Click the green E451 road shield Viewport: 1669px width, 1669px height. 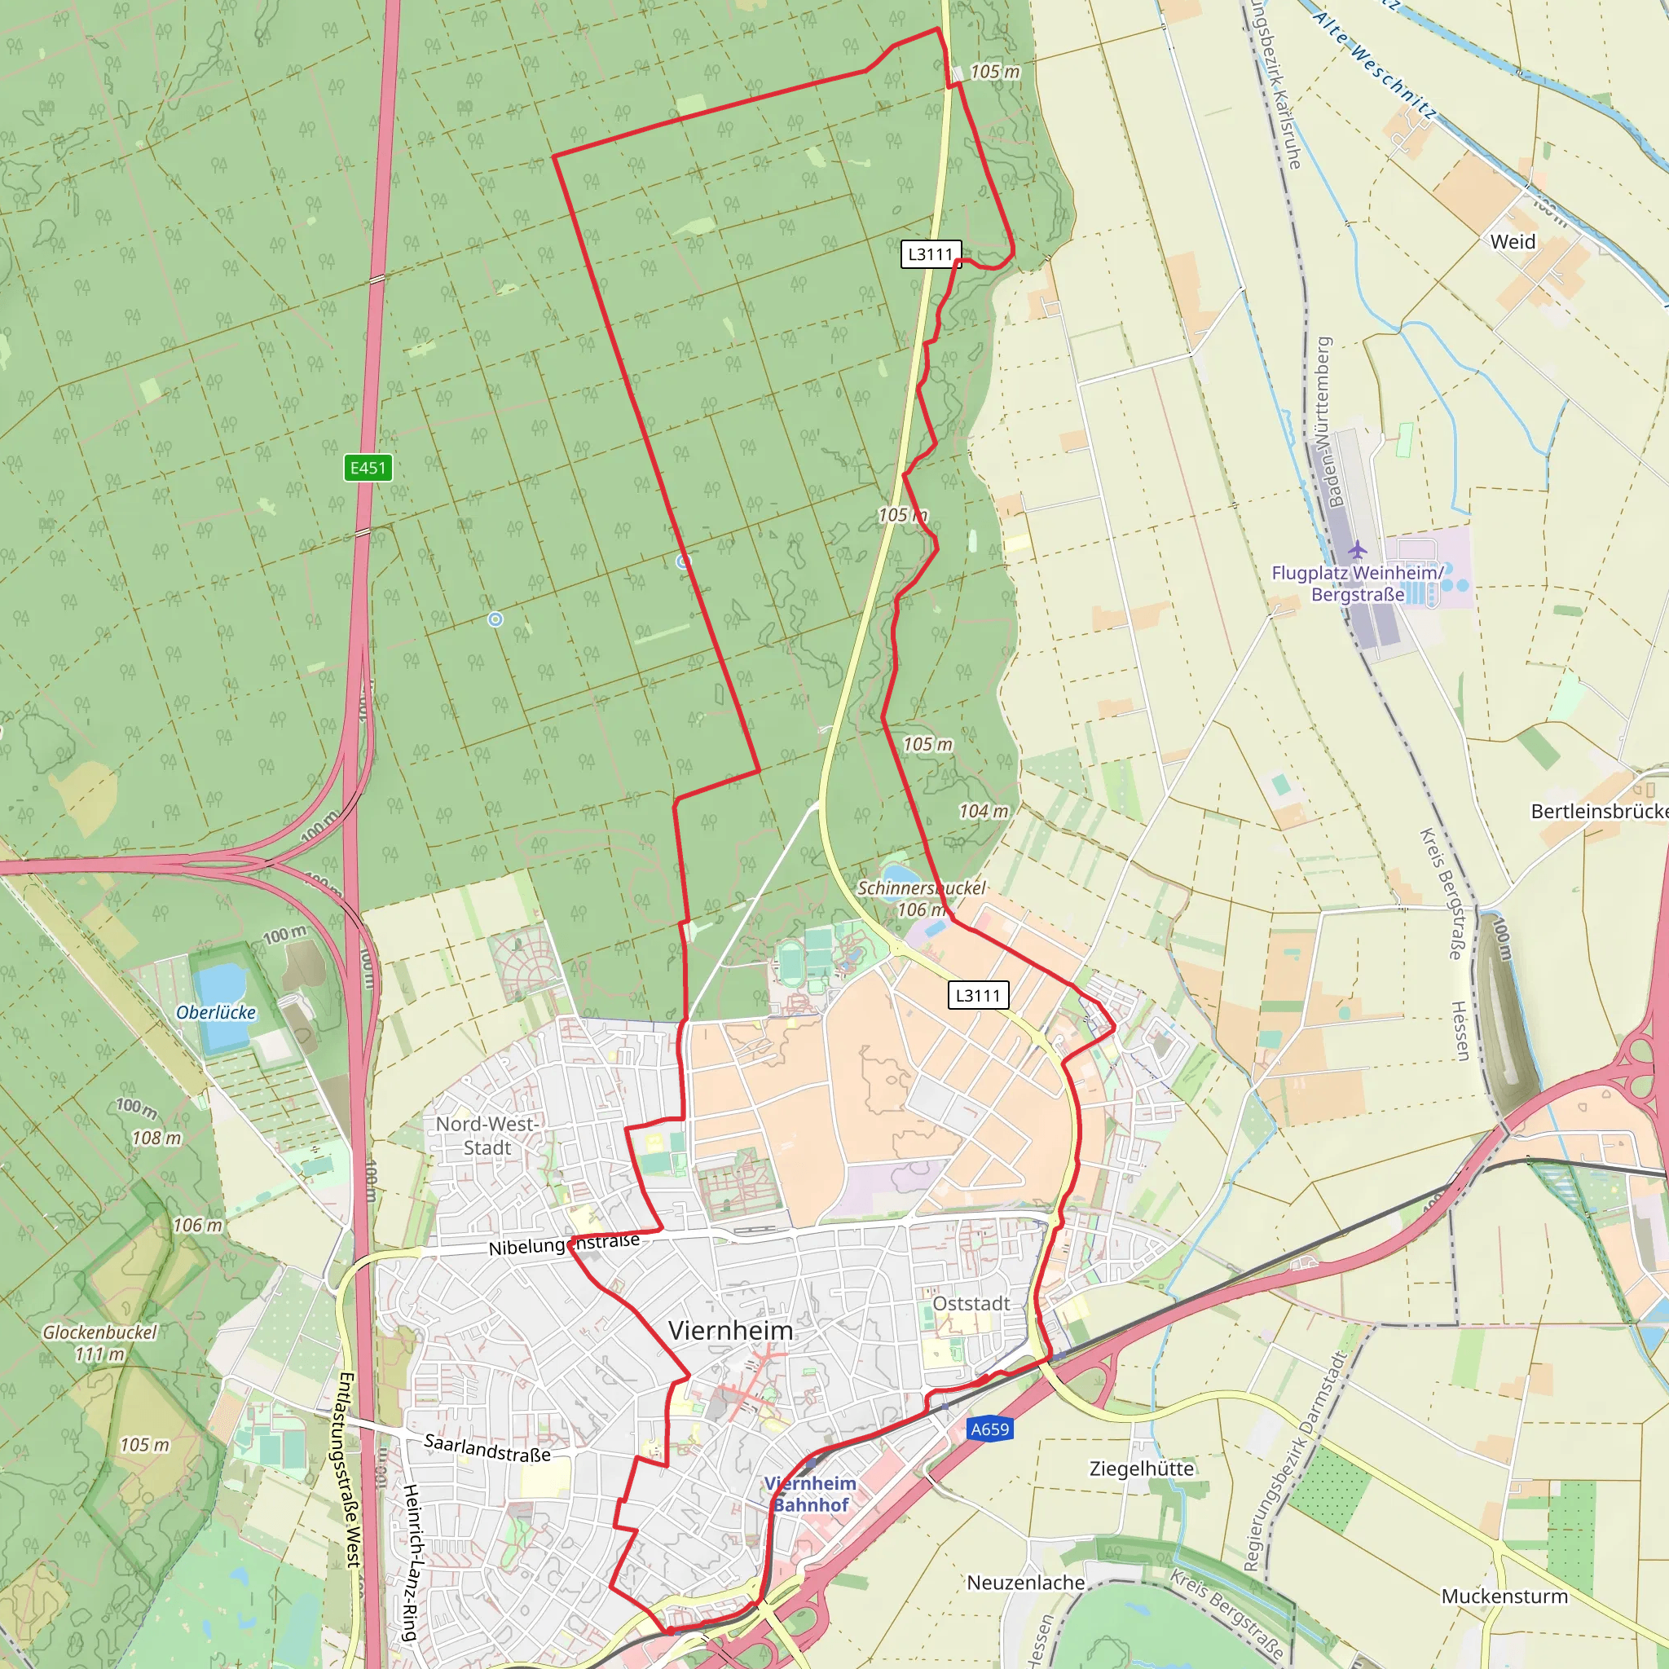point(368,469)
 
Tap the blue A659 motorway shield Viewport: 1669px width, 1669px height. point(989,1429)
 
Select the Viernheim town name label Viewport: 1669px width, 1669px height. point(730,1330)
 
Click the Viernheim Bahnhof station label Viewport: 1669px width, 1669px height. point(810,1494)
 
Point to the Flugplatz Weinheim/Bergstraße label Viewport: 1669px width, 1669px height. point(1357,583)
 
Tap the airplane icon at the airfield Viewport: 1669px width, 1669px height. point(1357,549)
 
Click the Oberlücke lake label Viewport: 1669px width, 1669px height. point(216,1012)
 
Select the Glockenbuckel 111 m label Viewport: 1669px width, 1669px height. point(100,1342)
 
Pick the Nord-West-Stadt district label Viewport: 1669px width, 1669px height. point(487,1135)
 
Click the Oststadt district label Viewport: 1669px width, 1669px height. point(971,1303)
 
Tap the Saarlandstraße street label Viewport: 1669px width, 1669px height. point(487,1448)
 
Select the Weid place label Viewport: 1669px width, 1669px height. point(1513,242)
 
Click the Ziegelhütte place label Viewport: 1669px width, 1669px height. point(1141,1469)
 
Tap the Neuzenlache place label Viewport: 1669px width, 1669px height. point(1025,1583)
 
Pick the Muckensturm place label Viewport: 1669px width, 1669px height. point(1504,1596)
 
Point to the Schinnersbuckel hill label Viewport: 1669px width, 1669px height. point(921,888)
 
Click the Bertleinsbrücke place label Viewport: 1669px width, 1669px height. point(1599,811)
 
